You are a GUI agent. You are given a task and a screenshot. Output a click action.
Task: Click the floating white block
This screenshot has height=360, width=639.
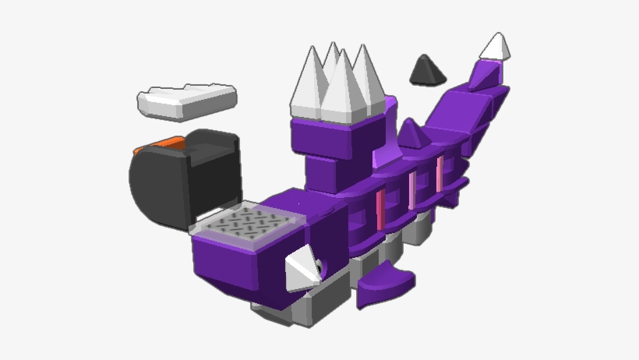(186, 101)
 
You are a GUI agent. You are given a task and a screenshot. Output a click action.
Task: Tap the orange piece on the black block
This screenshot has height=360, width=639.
(160, 144)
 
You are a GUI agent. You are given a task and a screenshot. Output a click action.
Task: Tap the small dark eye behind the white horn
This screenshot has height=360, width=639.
(319, 270)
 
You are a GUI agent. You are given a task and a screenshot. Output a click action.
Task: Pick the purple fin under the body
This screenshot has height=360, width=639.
(386, 285)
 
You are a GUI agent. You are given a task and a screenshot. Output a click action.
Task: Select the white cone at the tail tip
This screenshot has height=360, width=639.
(496, 48)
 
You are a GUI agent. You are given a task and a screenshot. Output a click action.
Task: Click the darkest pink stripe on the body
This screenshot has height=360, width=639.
(381, 209)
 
